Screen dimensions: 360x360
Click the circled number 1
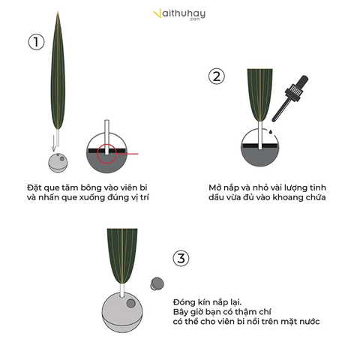click(x=36, y=42)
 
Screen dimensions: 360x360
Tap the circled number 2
click(x=217, y=76)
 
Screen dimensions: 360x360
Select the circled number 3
click(x=181, y=258)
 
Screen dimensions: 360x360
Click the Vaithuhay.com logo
click(x=179, y=14)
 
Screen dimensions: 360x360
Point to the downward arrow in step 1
click(x=54, y=143)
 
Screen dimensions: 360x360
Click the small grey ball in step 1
click(x=58, y=163)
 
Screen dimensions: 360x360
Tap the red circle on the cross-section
click(x=106, y=154)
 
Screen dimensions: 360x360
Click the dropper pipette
click(x=290, y=98)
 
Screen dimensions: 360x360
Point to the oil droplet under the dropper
click(x=271, y=131)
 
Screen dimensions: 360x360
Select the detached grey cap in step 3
click(x=157, y=283)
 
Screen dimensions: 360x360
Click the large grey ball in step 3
click(x=122, y=313)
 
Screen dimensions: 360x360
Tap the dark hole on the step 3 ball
click(x=130, y=304)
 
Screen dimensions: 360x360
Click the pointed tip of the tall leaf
click(x=58, y=11)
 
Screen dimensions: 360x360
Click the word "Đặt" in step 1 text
click(x=34, y=187)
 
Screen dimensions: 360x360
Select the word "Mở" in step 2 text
click(x=214, y=187)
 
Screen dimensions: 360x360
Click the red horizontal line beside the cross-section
click(x=127, y=154)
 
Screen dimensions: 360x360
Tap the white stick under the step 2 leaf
click(x=260, y=135)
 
